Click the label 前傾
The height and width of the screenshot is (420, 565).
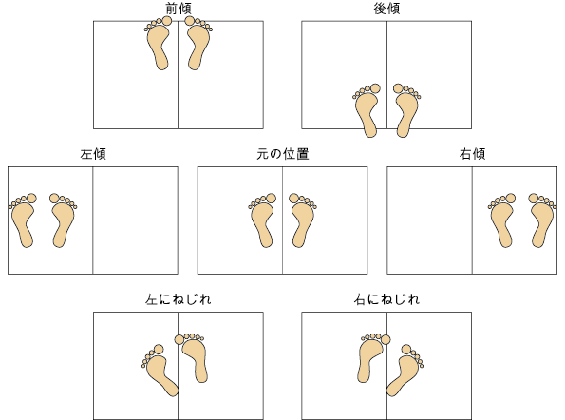pos(178,9)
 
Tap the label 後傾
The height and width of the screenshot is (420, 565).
pos(386,9)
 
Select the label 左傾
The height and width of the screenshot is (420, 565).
pos(93,154)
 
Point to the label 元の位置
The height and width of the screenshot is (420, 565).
pos(283,154)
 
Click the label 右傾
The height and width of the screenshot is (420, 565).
pos(472,154)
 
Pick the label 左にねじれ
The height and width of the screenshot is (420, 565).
pos(178,299)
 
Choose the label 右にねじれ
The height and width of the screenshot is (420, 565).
pos(386,299)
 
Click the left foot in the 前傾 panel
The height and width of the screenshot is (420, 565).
pos(159,45)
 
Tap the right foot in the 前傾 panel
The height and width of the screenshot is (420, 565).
pos(198,45)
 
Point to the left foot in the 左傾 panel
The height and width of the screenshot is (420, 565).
pos(23,221)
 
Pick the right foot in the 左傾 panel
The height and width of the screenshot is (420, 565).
pos(63,221)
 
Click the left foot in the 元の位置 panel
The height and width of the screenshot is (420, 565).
pos(263,221)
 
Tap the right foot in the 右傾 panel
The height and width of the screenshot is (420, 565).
pos(542,221)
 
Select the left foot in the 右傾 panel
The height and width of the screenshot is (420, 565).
pos(502,221)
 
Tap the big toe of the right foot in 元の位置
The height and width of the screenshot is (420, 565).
pos(294,199)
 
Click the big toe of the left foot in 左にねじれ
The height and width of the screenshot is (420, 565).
pos(159,350)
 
